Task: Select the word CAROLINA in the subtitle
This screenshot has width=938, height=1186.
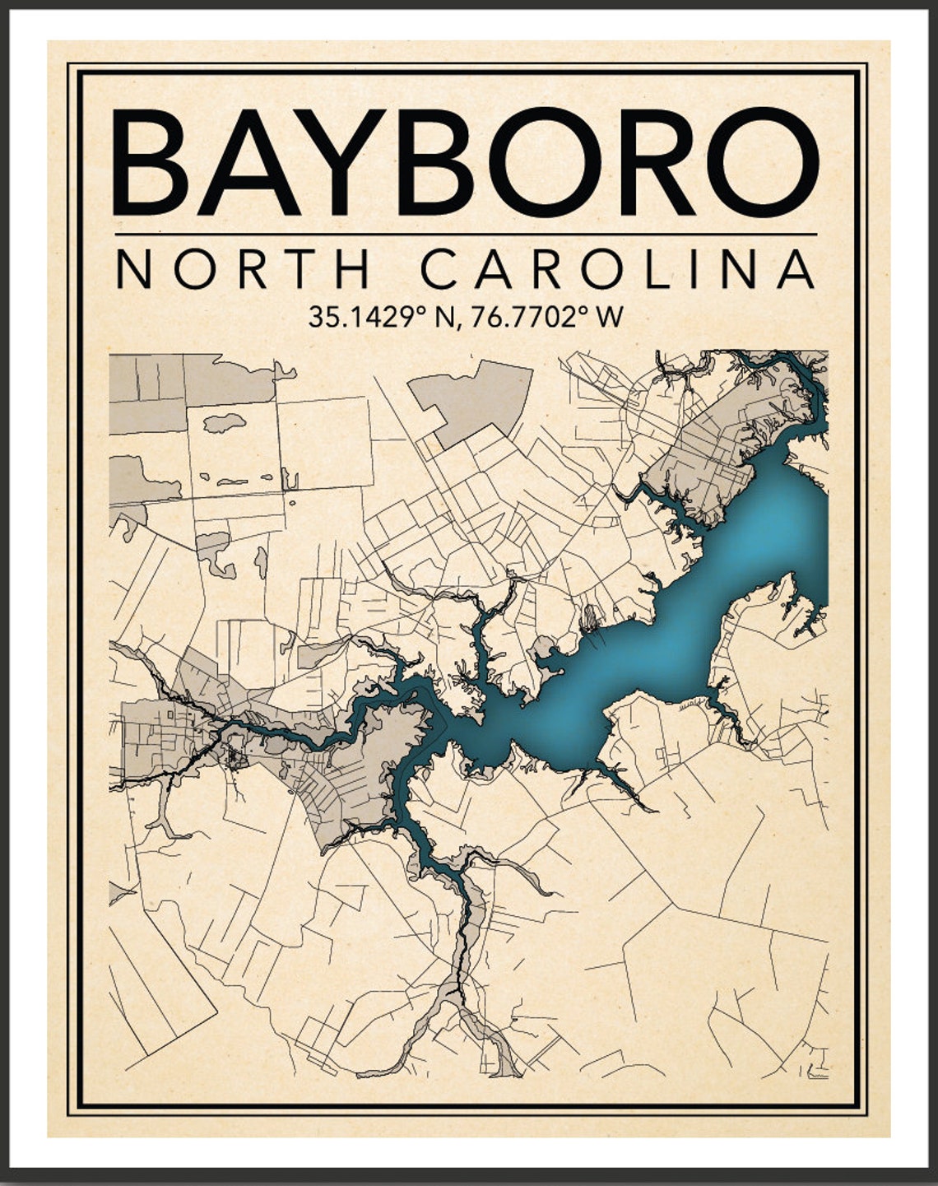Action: [617, 269]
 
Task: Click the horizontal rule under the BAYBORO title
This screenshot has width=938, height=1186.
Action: [466, 235]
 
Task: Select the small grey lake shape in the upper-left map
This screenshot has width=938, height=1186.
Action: [224, 423]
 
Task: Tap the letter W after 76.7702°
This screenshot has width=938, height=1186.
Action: [610, 317]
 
